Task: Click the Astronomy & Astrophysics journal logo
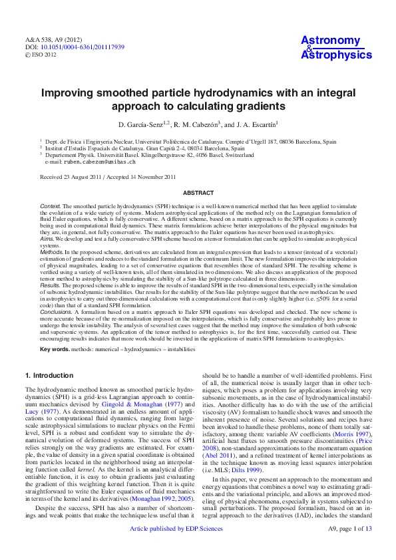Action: pyautogui.click(x=336, y=48)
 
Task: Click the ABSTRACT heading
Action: pyautogui.click(x=198, y=192)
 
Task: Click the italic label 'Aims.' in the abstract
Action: pyautogui.click(x=47, y=237)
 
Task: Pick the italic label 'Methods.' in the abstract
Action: pyautogui.click(x=52, y=253)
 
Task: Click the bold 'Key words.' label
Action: pyautogui.click(x=55, y=349)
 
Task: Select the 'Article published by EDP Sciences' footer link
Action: pyautogui.click(x=176, y=547)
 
